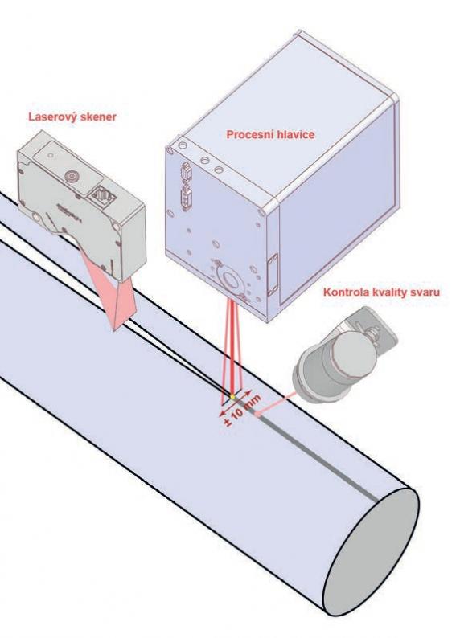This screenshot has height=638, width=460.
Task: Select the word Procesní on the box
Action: (x=248, y=135)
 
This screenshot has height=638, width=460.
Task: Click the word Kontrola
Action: (x=345, y=292)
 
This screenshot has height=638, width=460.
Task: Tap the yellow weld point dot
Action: (x=232, y=397)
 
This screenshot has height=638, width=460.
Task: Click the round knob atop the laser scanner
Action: (x=72, y=176)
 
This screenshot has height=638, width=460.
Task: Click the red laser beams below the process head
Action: (x=233, y=346)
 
